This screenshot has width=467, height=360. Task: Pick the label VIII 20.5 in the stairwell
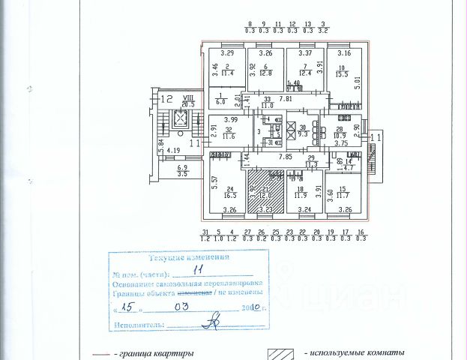coord(178,100)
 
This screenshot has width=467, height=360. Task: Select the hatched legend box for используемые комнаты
coord(281,352)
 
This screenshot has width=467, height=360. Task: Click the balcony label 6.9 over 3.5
coord(182,171)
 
